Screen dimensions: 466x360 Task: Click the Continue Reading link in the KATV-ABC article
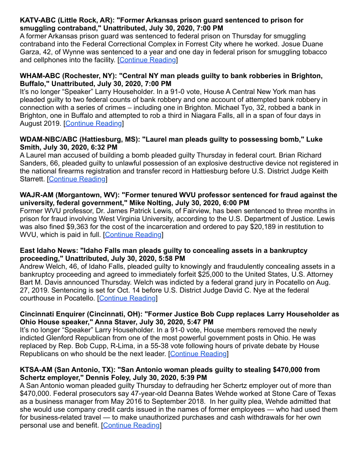point(147,60)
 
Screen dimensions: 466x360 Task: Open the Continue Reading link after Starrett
point(77,179)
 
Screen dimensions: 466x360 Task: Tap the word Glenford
point(63,338)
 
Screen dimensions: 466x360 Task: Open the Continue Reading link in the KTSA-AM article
point(131,425)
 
